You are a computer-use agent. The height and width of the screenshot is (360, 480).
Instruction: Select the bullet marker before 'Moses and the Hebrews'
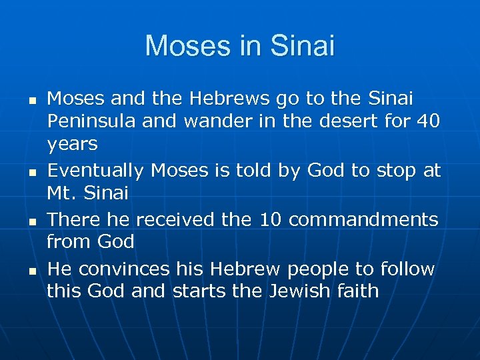click(31, 100)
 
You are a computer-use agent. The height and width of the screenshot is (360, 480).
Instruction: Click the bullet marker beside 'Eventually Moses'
click(31, 172)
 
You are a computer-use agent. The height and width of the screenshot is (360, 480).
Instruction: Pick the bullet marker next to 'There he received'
click(31, 221)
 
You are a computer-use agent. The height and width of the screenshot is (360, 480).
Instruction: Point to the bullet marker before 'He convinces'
click(31, 270)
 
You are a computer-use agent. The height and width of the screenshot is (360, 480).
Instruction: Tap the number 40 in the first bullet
click(428, 122)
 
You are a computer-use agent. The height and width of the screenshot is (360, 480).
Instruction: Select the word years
click(72, 145)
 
